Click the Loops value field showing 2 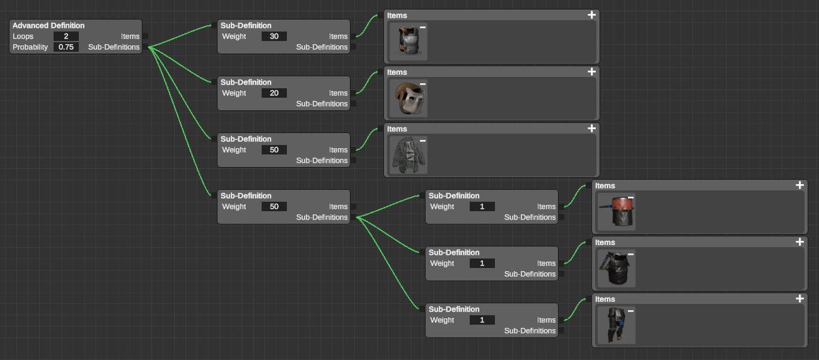coord(66,36)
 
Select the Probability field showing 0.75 coord(66,47)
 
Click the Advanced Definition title coord(49,26)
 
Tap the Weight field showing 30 coord(274,36)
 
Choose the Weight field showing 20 coord(274,93)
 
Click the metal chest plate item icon coord(409,41)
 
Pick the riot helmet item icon coord(409,98)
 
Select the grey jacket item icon coord(409,154)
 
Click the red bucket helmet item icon coord(617,212)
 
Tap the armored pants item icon coord(617,325)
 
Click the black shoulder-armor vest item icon coord(617,268)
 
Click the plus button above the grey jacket coord(591,128)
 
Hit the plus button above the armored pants coord(799,299)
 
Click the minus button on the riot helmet coord(422,84)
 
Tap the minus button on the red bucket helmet coord(630,198)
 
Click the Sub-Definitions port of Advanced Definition coord(146,47)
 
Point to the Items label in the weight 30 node coord(338,37)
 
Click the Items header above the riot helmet coord(397,73)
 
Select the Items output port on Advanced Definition coord(146,36)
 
